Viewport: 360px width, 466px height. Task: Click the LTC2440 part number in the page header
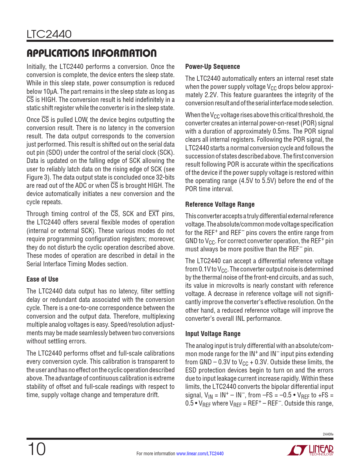(49, 34)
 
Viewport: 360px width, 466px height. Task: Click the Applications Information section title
(91, 53)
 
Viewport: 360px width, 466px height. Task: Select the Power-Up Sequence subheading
(212, 67)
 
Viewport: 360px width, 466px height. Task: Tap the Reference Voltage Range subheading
(220, 204)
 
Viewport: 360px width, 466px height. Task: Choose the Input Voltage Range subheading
(213, 334)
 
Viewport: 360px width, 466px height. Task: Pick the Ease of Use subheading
(42, 279)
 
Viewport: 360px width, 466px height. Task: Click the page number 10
(36, 449)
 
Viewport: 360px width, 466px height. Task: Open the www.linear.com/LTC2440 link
(200, 454)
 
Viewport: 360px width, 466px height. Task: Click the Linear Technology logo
(310, 450)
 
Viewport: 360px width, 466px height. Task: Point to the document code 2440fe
(328, 434)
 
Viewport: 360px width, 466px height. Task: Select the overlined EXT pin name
(154, 214)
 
